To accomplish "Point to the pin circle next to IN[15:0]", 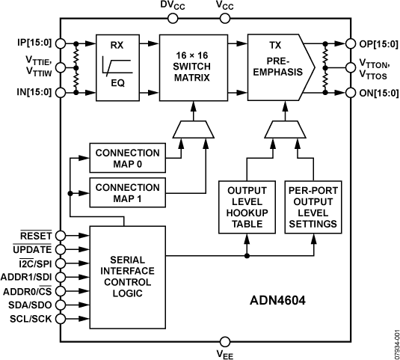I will pos(60,94).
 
